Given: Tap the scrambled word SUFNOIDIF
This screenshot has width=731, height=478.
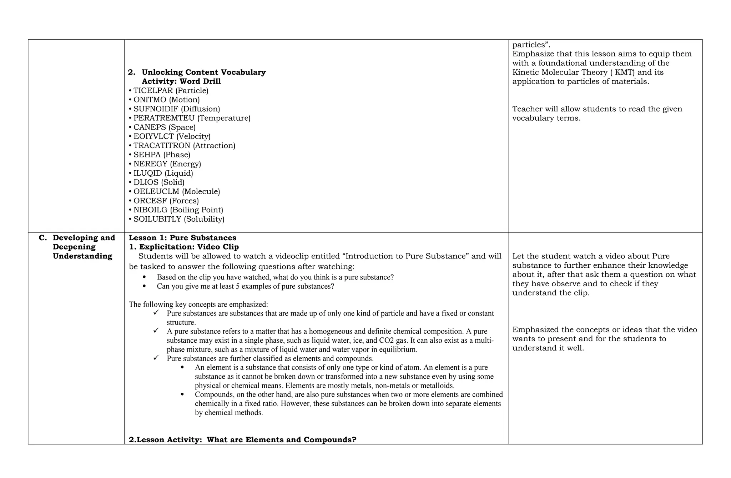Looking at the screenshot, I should pyautogui.click(x=156, y=109).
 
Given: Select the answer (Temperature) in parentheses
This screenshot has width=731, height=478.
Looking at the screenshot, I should pyautogui.click(x=224, y=118).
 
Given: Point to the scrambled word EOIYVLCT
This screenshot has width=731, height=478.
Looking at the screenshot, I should pyautogui.click(x=153, y=136).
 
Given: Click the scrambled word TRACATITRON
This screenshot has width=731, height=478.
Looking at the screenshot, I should pyautogui.click(x=162, y=146).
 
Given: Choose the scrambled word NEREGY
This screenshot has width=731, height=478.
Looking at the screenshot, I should pyautogui.click(x=150, y=164).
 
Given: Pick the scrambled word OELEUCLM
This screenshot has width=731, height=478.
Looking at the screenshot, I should pyautogui.click(x=156, y=192).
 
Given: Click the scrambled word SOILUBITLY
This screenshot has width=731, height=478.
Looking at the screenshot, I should pyautogui.click(x=157, y=219).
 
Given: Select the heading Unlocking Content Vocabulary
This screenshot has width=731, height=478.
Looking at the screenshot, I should pyautogui.click(x=203, y=72).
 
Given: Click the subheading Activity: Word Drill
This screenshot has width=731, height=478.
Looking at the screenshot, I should pyautogui.click(x=181, y=81).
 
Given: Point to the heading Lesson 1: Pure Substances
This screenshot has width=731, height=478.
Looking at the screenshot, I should pyautogui.click(x=182, y=238).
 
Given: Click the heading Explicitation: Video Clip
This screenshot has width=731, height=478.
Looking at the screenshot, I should pyautogui.click(x=189, y=247).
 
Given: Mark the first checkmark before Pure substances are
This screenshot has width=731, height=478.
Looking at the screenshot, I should pyautogui.click(x=156, y=313).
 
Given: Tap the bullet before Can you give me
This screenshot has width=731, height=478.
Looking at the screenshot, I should pyautogui.click(x=144, y=286).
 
